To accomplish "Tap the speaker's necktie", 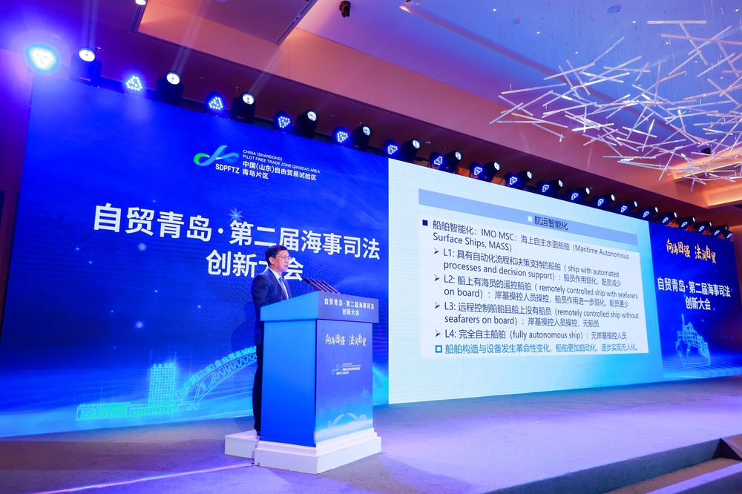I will tap(283, 285).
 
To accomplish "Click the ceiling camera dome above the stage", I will tap(344, 8).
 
